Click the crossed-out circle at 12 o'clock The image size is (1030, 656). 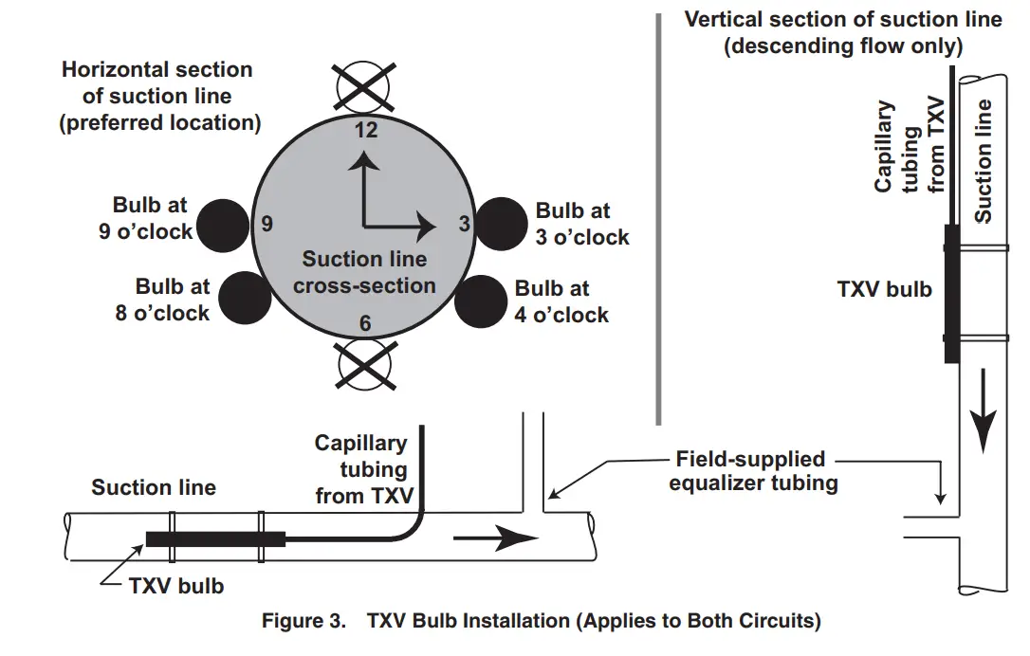coord(363,87)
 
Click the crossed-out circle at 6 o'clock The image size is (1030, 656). coord(364,364)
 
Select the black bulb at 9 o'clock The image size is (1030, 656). coord(223,226)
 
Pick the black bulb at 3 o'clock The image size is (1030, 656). coord(501,224)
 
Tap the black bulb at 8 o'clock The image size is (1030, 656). coord(245,298)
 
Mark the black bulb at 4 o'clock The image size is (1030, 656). coord(481,301)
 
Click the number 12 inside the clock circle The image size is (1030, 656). coord(366,130)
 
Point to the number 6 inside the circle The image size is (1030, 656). coord(365,323)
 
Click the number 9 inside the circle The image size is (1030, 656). coord(267,224)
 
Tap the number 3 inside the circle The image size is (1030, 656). coord(465,224)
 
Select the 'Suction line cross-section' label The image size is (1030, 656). coord(364,272)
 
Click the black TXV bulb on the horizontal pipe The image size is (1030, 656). coord(216,539)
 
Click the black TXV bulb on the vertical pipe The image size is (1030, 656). coord(951,294)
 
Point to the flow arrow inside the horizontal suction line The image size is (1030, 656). coord(496,538)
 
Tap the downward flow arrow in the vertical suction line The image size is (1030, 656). coord(984,411)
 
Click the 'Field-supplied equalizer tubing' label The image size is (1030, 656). coord(753,471)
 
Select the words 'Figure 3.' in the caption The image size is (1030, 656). coord(303,621)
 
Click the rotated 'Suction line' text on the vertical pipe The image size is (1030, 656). coord(983,161)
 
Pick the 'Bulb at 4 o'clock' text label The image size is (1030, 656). coord(561,301)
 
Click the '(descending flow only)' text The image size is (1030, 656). coord(843,46)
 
